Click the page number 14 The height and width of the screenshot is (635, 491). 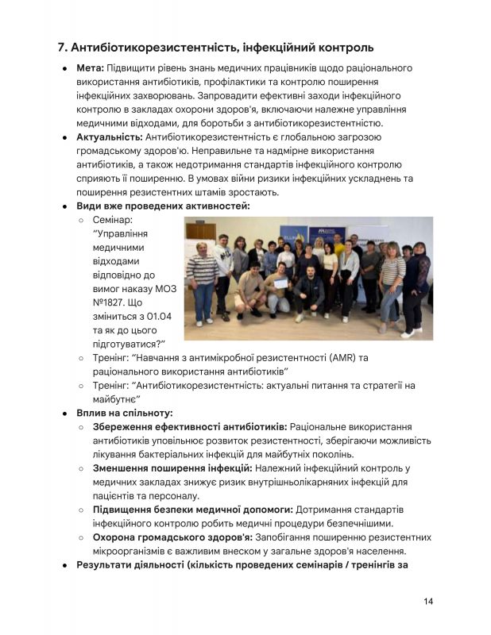[427, 601]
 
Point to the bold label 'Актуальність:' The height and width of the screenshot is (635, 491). [109, 137]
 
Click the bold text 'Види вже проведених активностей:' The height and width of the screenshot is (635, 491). [163, 206]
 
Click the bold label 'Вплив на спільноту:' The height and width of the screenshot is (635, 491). [125, 413]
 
